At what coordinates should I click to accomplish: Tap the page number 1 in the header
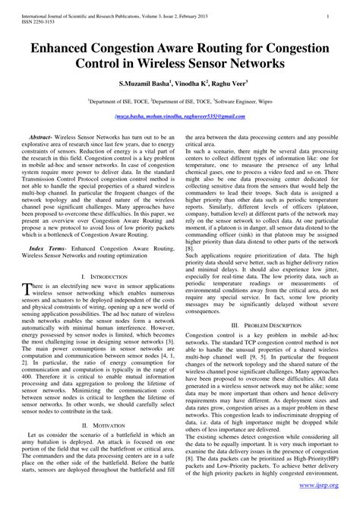point(327,14)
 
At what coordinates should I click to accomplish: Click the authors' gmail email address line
point(180,116)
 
